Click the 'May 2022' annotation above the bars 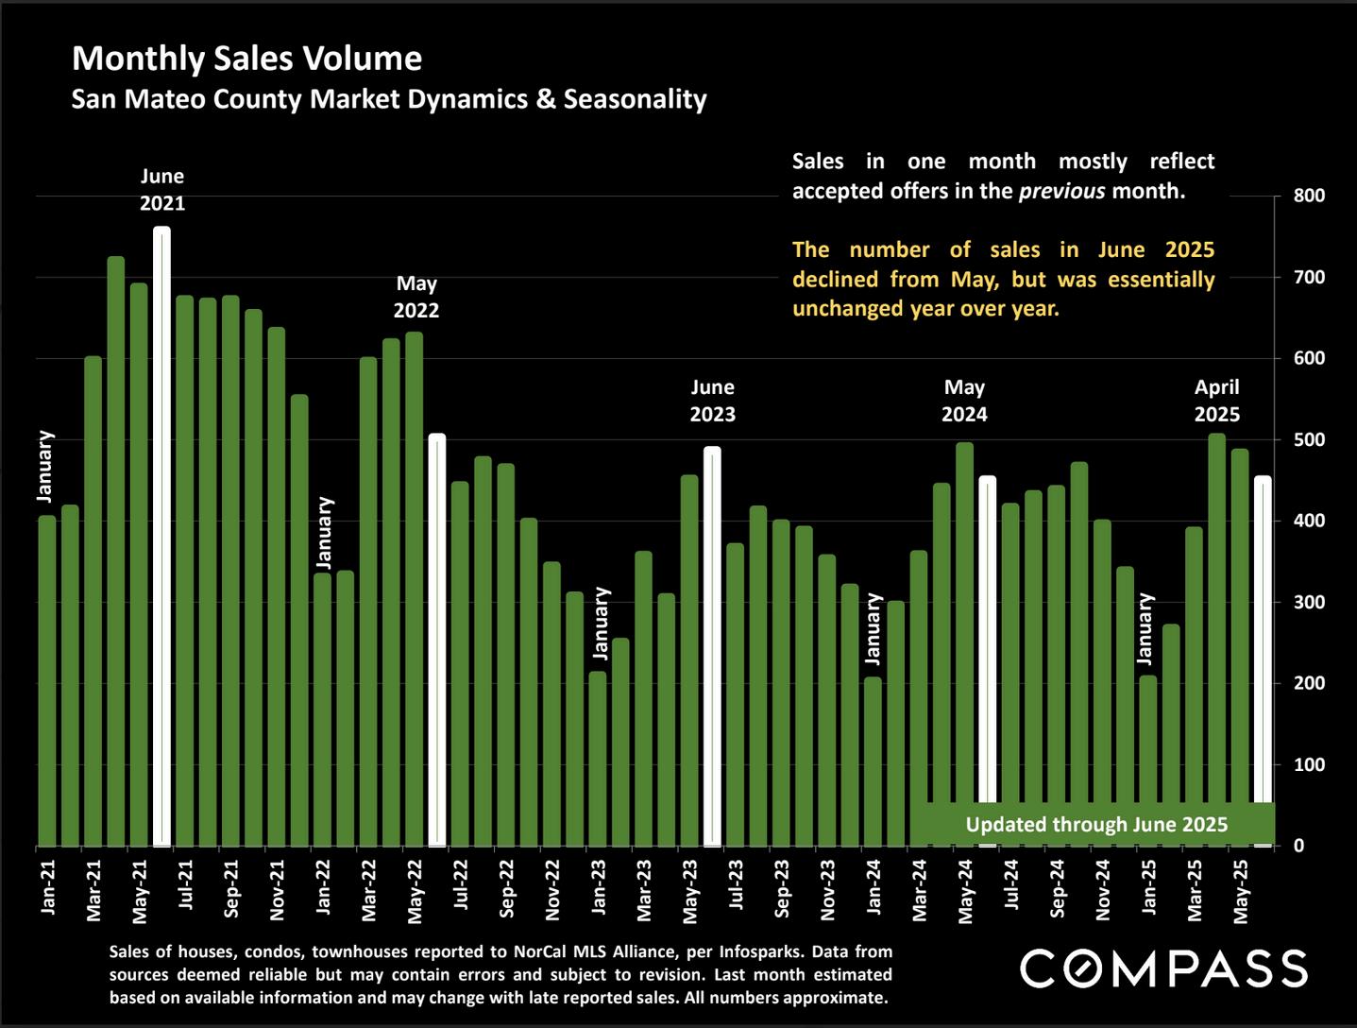[x=416, y=297]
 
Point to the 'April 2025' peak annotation [x=1216, y=401]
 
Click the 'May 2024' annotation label [x=964, y=401]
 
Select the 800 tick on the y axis [x=1310, y=196]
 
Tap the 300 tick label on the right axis [x=1310, y=602]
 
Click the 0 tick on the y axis [x=1299, y=846]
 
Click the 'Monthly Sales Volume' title [x=246, y=59]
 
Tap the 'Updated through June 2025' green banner [x=1095, y=824]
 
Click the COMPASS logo [x=1163, y=968]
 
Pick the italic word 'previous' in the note [x=1060, y=191]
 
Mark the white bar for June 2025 [x=1263, y=661]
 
